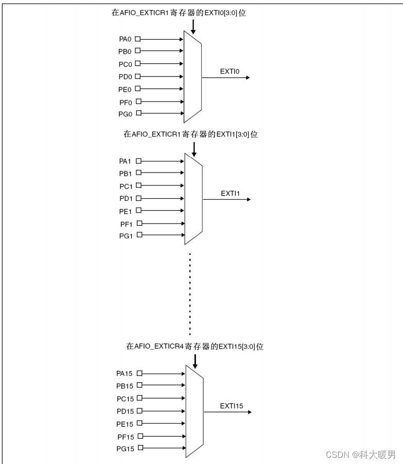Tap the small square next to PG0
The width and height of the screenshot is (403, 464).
[137, 113]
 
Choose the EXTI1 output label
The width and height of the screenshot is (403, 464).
[230, 193]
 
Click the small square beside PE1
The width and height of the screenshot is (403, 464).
[138, 211]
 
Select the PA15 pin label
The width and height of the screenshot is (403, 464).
[125, 373]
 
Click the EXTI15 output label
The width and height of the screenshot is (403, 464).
[232, 406]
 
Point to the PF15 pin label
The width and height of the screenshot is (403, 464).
[125, 437]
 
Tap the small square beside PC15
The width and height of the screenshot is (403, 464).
[139, 398]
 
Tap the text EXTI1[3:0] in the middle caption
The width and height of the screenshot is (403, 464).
[232, 134]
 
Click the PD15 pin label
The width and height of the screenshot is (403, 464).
[125, 411]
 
